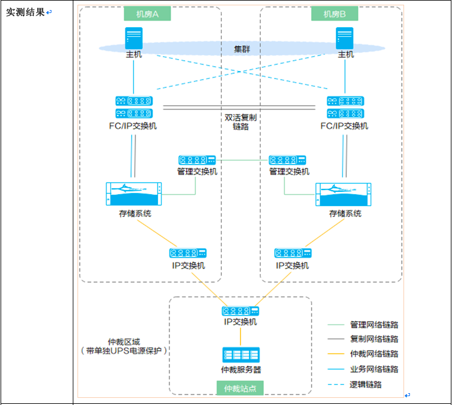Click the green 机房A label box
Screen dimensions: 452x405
[x=147, y=14]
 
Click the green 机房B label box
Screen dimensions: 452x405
[x=335, y=14]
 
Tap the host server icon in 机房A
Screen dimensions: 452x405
[x=134, y=38]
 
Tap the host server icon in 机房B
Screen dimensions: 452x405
[x=344, y=38]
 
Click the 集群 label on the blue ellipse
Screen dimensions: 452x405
[x=242, y=49]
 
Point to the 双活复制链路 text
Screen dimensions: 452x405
[x=241, y=122]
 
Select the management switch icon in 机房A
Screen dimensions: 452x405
[x=197, y=160]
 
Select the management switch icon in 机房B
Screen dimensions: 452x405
[x=288, y=160]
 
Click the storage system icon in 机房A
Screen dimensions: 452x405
[x=134, y=194]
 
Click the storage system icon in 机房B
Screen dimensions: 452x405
[x=343, y=194]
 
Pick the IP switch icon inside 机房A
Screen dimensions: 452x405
[x=188, y=253]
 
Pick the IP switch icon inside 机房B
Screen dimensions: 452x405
[x=293, y=253]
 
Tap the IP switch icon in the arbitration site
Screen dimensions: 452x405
[x=240, y=311]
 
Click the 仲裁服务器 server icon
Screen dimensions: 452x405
[x=241, y=355]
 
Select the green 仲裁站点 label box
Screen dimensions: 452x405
[x=240, y=388]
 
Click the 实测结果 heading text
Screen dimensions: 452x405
[x=25, y=12]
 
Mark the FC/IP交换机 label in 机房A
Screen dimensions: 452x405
[x=133, y=126]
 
